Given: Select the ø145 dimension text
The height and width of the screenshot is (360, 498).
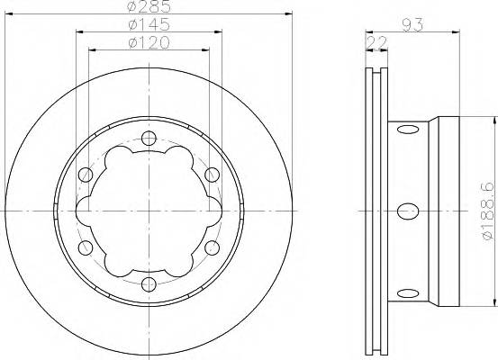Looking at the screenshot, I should (x=149, y=27).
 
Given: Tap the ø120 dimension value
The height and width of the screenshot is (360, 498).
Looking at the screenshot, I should (x=149, y=44).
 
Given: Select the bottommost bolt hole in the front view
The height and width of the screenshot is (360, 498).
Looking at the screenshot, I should (x=149, y=284).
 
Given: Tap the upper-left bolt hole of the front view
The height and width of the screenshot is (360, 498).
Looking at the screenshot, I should (x=86, y=174).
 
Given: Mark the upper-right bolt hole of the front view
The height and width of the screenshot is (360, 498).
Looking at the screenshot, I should (x=213, y=174).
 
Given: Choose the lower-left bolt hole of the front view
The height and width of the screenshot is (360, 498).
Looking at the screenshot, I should (x=86, y=247).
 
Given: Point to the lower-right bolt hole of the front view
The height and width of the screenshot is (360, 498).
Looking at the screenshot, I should (x=213, y=247).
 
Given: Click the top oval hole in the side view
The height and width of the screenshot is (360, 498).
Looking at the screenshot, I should (x=406, y=131).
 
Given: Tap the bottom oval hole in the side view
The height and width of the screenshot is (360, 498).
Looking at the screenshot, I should (x=406, y=292).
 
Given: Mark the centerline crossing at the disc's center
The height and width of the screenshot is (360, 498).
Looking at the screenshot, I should (x=149, y=211).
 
